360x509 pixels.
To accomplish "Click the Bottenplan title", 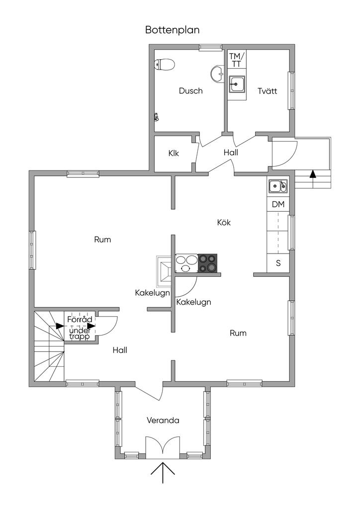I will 172,30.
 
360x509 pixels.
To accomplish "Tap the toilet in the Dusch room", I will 165,64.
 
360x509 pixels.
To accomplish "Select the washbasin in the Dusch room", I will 217,73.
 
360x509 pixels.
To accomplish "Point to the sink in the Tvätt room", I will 237,85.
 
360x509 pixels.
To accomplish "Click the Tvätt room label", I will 267,91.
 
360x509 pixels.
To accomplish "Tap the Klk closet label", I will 174,153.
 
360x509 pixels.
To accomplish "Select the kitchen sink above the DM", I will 277,186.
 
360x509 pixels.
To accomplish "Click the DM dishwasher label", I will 278,204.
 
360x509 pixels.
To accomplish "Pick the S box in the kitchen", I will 278,263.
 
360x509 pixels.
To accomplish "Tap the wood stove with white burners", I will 186,263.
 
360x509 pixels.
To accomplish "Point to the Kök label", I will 224,222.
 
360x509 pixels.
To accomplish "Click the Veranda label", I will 163,421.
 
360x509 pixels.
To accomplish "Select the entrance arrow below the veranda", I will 163,472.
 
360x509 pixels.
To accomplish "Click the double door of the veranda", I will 162,446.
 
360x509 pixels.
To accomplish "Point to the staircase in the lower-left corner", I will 49,348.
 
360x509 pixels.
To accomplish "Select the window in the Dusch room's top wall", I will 210,48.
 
